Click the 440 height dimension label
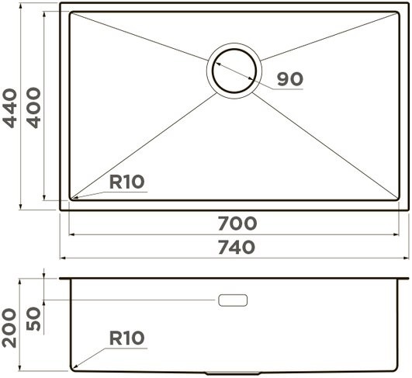pos(10,108)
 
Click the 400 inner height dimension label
pos(34,108)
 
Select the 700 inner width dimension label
pos(237,224)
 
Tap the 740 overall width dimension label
pos(237,248)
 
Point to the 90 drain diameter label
pos(290,79)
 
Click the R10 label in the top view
pos(126,182)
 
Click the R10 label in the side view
pos(126,338)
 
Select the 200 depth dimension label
pos(9,328)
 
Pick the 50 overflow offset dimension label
pos(34,319)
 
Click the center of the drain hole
pos(234,71)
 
